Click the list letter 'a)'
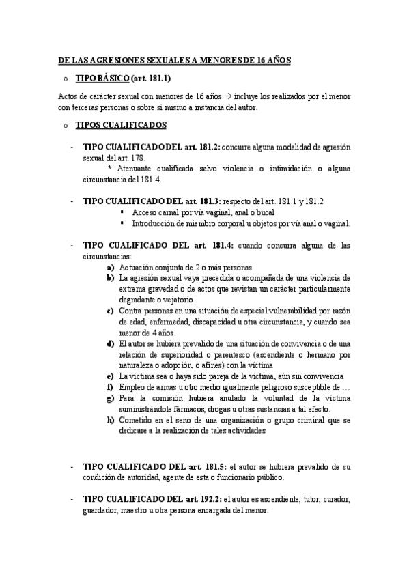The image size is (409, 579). coord(110,267)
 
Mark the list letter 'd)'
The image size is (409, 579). coord(110,343)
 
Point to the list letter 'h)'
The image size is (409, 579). coord(110,420)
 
